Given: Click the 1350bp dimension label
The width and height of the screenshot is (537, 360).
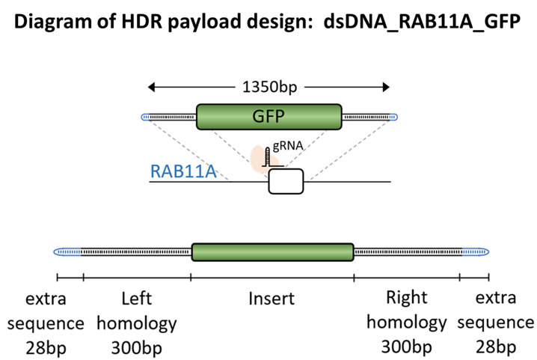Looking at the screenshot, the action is pos(269,87).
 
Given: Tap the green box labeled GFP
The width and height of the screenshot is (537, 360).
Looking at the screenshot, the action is pos(268,117).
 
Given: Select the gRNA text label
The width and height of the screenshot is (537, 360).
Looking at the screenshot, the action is pos(288,146).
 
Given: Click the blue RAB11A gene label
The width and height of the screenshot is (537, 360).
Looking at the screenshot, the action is pos(183,171).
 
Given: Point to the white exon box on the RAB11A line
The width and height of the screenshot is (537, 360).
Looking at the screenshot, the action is pos(286,181).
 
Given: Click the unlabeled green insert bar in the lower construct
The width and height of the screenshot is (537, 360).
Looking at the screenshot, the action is pos(272,252).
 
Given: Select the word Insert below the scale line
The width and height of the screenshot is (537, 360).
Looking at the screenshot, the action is pos(271,299).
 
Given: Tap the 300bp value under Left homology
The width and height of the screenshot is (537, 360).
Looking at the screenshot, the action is pos(136,348).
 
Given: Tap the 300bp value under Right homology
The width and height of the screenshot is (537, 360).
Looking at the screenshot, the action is pos(407,347).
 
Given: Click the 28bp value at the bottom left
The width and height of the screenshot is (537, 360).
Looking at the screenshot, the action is pos(46,348).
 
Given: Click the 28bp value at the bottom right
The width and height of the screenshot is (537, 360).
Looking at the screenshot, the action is pos(496,347).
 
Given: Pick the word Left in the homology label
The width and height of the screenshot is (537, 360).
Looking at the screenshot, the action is pos(136,299).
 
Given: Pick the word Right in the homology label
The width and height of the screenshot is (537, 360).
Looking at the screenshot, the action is pos(407,298).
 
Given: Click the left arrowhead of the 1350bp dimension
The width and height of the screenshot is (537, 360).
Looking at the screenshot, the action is pos(151,87).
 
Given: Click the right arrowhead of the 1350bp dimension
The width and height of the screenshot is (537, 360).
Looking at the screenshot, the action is pos(387,87).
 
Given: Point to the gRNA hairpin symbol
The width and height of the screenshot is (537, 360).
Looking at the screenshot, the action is pos(268,157).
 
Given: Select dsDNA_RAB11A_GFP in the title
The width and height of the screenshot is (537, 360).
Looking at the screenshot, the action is pos(422,21).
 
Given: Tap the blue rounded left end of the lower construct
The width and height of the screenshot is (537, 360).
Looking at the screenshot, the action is pos(67,252).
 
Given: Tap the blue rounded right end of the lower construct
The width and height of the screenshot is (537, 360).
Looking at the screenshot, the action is pos(476,252).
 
